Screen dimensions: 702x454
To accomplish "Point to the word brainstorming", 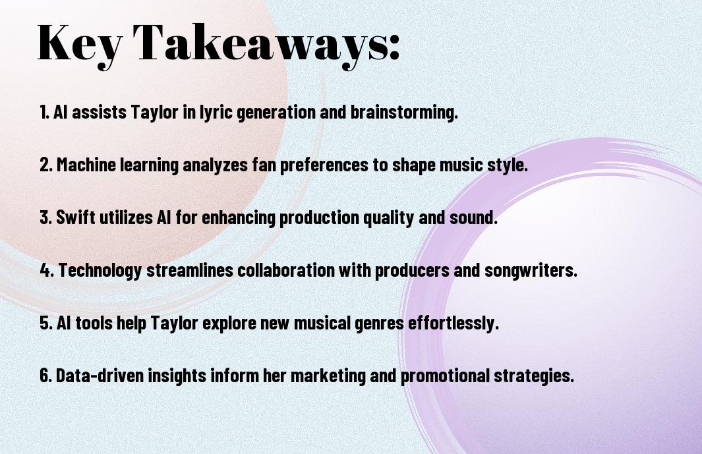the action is point(404,112).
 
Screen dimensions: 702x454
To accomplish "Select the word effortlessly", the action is point(453,323).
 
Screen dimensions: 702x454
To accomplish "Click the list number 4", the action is point(47,270).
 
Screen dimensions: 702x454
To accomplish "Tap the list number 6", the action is point(45,376).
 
